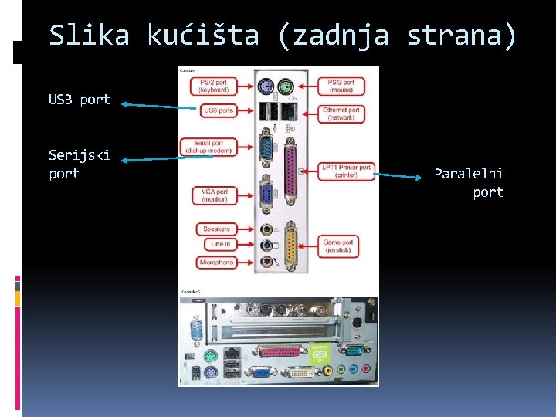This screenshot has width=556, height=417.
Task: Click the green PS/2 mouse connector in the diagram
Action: coord(286,86)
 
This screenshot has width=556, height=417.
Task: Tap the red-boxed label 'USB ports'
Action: coord(218,111)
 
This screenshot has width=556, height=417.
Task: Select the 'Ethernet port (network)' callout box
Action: coord(341,113)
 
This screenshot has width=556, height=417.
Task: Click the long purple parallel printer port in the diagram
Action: coord(291,168)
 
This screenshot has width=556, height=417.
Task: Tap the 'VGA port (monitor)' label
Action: coord(215,195)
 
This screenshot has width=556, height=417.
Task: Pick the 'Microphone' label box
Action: coord(216,263)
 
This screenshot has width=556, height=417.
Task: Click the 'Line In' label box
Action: coord(219,244)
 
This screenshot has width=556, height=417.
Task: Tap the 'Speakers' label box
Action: coord(216,229)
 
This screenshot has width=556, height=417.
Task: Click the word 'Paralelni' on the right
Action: coord(468,174)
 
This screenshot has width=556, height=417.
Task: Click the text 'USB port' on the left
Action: coord(79,100)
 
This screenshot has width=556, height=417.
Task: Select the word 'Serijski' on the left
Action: coord(79,155)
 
